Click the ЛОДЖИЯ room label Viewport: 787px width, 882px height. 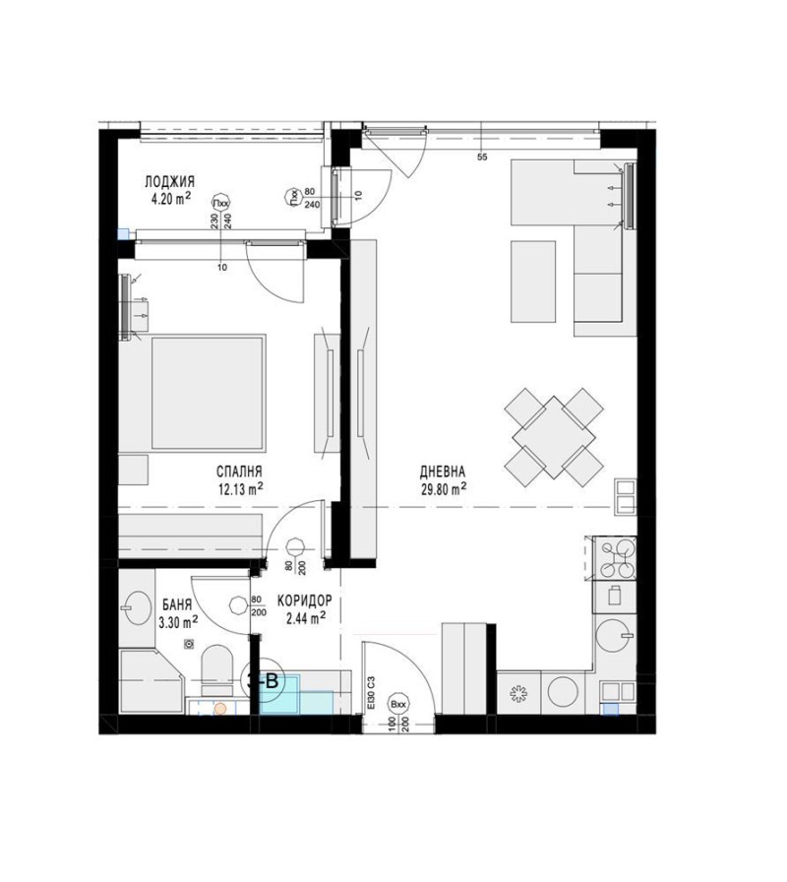click(x=169, y=182)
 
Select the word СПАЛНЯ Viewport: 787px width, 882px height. click(x=239, y=472)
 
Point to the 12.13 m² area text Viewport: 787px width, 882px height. click(x=239, y=486)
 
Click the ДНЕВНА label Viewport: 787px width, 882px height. click(x=441, y=472)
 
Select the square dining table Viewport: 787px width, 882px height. click(x=553, y=433)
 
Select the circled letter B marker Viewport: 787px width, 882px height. click(x=268, y=679)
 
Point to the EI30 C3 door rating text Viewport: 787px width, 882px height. click(x=372, y=692)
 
